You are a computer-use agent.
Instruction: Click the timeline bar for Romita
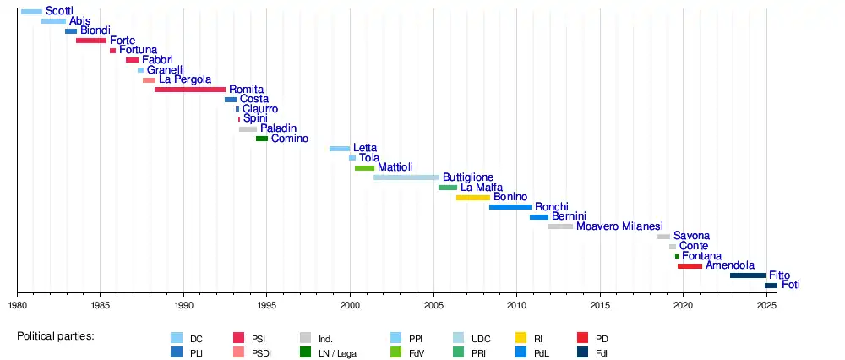tap(190, 90)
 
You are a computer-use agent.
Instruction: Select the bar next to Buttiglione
tap(406, 177)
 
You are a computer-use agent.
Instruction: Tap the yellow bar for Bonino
tap(473, 198)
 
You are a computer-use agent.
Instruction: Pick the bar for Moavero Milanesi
tap(560, 226)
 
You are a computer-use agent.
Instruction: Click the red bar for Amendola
tap(690, 266)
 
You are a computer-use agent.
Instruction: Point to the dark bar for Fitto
tap(748, 275)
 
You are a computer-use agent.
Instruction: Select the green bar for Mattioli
tap(364, 168)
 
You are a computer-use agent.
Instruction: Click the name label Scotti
tap(59, 11)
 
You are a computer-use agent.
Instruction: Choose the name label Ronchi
tap(552, 207)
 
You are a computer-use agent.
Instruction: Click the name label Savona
tap(691, 237)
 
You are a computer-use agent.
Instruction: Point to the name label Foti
tap(790, 286)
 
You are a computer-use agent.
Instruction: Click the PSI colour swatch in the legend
tap(238, 338)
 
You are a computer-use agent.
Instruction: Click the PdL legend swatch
tap(520, 352)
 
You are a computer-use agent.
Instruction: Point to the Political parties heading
tap(56, 336)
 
